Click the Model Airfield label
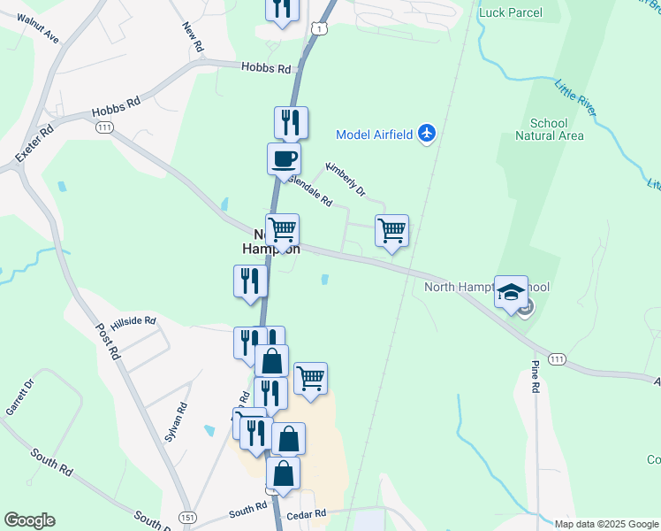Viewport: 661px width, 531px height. coord(376,135)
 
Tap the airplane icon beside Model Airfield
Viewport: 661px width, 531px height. coord(428,134)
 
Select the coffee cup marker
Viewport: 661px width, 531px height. coord(284,159)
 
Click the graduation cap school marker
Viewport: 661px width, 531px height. coord(511,292)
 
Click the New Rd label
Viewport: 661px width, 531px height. coord(193,36)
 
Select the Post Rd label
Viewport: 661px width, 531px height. coord(106,339)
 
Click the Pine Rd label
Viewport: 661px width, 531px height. coord(536,376)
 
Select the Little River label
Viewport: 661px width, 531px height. coord(575,101)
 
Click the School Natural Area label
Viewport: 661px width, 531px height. coord(550,129)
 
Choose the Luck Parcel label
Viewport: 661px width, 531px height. coord(510,12)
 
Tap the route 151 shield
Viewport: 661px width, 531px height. coord(186,517)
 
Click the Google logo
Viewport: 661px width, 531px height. coord(29,520)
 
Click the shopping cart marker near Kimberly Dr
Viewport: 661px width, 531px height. coord(391,231)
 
